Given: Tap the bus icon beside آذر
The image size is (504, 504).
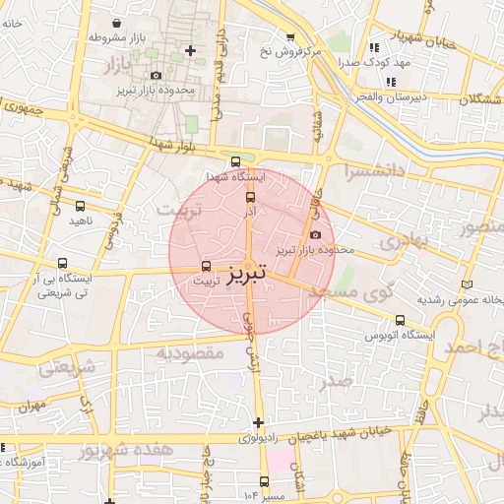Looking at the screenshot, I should click(x=249, y=196).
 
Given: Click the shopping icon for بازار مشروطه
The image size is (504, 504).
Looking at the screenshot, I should click(x=117, y=22).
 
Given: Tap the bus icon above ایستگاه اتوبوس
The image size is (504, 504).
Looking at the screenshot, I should click(x=400, y=320).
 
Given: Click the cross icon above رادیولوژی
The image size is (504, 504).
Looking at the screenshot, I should click(x=258, y=422).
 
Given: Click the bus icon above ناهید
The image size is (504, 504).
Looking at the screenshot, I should click(x=81, y=206).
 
